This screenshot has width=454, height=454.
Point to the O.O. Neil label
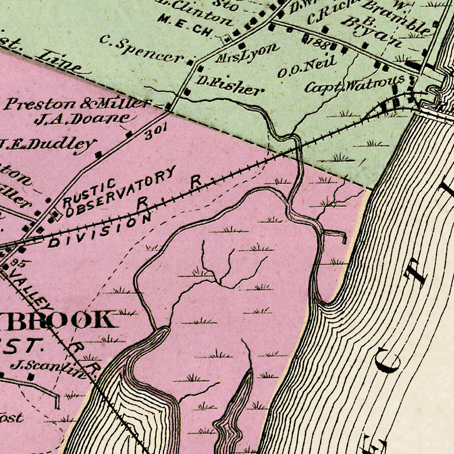[306, 68]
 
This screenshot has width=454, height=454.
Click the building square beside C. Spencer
[191, 63]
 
